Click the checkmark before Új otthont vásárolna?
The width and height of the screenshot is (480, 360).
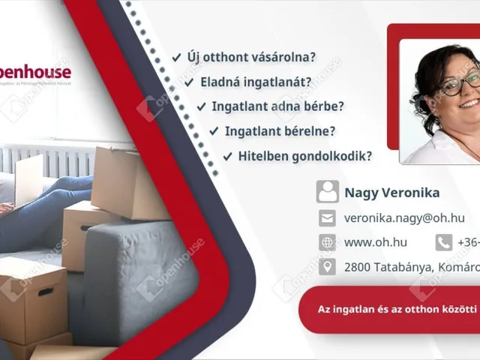click(x=176, y=57)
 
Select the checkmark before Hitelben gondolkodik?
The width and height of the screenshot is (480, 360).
click(x=227, y=157)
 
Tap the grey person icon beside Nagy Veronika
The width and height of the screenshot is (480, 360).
click(x=327, y=192)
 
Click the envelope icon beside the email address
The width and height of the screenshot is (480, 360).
click(x=327, y=218)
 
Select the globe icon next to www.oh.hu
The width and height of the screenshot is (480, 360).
click(x=327, y=242)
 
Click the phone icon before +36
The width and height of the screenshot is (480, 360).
click(x=444, y=242)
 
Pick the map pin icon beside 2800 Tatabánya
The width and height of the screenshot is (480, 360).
click(x=327, y=266)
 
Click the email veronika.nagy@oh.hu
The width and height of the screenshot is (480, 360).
click(x=404, y=218)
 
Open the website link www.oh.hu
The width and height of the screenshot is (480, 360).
click(x=375, y=242)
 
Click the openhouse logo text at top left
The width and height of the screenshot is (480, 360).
click(x=37, y=73)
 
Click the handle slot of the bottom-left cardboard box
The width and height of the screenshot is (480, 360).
click(x=46, y=292)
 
